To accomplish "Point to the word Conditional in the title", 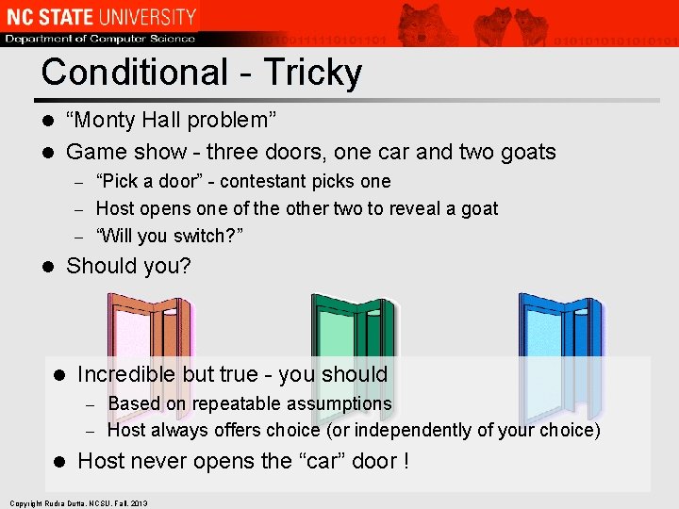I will pos(135,73).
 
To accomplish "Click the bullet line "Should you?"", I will pos(128,267).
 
